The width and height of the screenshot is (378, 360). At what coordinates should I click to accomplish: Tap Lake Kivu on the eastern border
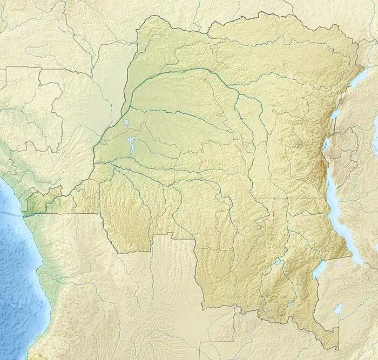(326, 144)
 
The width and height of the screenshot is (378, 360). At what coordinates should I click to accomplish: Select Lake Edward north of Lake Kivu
(335, 114)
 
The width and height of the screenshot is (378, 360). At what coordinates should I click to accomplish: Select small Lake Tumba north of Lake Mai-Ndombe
(125, 124)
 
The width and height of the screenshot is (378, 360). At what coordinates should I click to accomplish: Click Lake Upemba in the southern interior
(278, 263)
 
